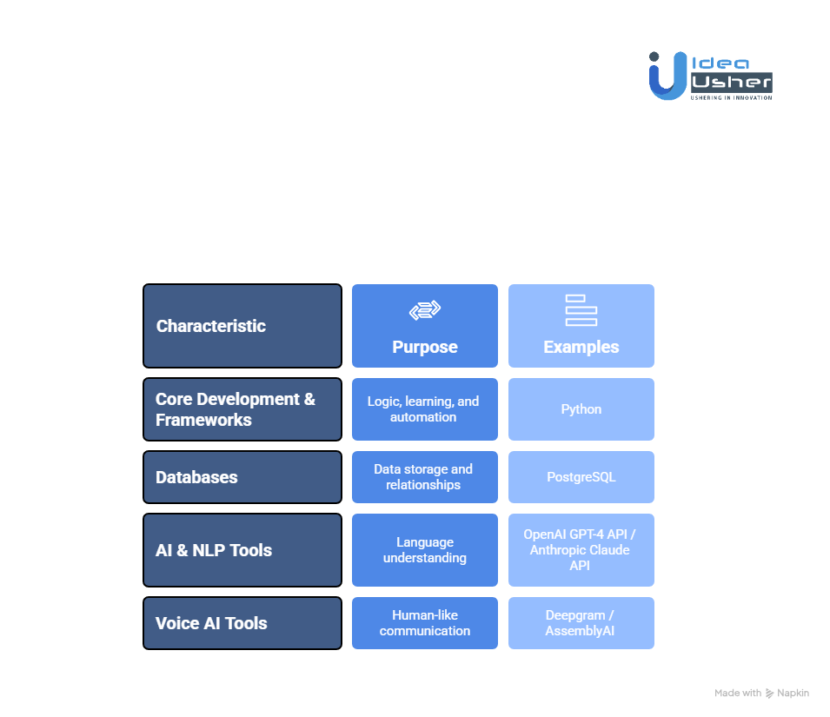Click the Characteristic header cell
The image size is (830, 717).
(x=242, y=326)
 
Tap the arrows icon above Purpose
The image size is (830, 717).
(x=425, y=310)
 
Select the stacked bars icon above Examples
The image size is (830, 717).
(x=581, y=310)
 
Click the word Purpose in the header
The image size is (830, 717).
(x=425, y=347)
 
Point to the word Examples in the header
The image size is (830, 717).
(x=581, y=347)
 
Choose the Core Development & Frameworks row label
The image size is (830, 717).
(x=242, y=409)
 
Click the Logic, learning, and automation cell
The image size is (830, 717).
(x=424, y=409)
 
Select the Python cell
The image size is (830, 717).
(x=581, y=409)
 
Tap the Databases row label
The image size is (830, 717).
(x=242, y=477)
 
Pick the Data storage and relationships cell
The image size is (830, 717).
(x=424, y=477)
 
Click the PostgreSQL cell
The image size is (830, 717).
(x=581, y=477)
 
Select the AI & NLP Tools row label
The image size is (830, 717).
(x=242, y=550)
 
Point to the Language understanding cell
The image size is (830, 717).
(x=424, y=550)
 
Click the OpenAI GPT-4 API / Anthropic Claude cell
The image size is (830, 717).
(x=581, y=550)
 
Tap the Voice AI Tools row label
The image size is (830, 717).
(x=242, y=623)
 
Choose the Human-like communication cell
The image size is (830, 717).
(x=424, y=623)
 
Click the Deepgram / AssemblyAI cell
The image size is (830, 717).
(x=581, y=623)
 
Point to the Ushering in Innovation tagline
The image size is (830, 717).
(x=730, y=98)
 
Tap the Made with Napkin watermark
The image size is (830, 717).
(x=761, y=693)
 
